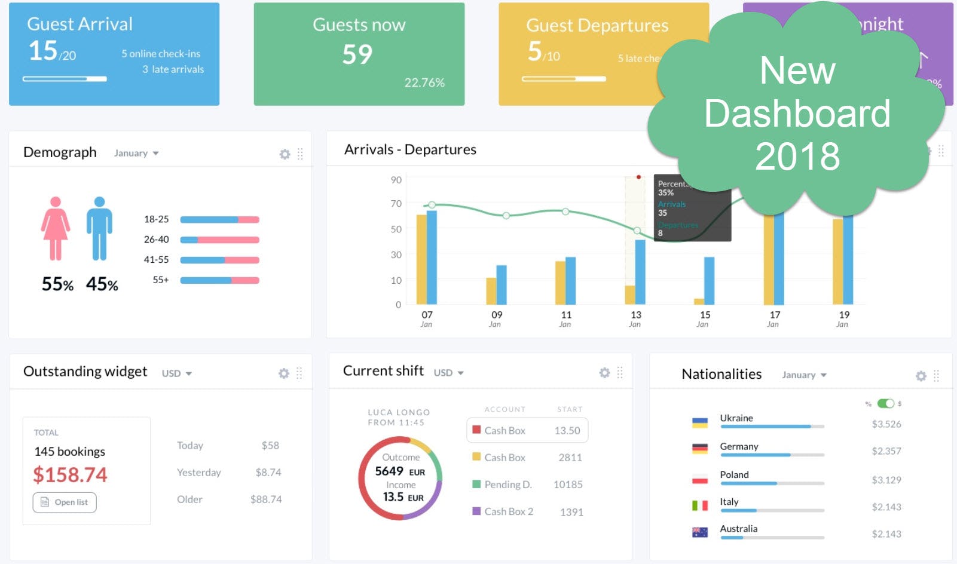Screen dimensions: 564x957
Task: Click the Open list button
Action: click(x=65, y=502)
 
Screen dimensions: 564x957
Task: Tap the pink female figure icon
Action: click(x=56, y=228)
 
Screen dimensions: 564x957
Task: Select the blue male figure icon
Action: click(x=99, y=228)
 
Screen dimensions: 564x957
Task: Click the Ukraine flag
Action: click(x=699, y=423)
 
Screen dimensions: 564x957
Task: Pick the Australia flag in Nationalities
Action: click(x=699, y=532)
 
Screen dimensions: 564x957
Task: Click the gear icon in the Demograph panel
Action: click(x=285, y=154)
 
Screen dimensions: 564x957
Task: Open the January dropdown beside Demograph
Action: click(x=136, y=154)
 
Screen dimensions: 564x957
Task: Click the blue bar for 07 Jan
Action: click(x=432, y=257)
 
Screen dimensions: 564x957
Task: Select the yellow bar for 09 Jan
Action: click(x=491, y=291)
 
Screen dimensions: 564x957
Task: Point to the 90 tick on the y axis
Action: click(x=396, y=180)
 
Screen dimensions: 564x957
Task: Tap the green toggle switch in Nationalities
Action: click(x=885, y=403)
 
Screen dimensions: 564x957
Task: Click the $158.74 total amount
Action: click(x=70, y=475)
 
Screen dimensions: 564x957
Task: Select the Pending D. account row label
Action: click(x=507, y=485)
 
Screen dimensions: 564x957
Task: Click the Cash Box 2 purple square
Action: click(x=476, y=511)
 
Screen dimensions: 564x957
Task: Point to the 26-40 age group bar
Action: click(x=219, y=240)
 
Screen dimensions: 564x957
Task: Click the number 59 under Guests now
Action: click(x=357, y=55)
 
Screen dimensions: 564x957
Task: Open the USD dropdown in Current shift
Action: click(x=448, y=373)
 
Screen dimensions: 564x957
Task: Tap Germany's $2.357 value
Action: click(x=886, y=451)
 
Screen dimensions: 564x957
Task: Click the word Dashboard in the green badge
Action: click(x=797, y=114)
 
